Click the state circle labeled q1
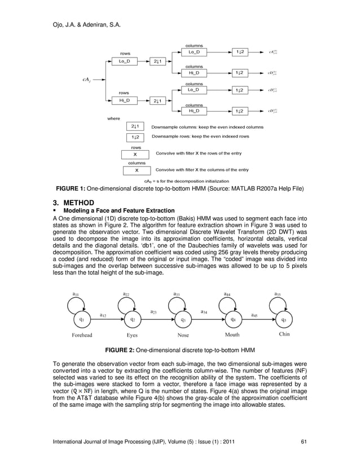[82, 320]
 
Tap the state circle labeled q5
[284, 320]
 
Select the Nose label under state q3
[183, 335]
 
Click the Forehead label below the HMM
[82, 335]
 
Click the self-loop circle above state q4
[231, 305]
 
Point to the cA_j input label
[86, 80]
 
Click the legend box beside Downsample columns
[135, 127]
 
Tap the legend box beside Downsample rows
[135, 137]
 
